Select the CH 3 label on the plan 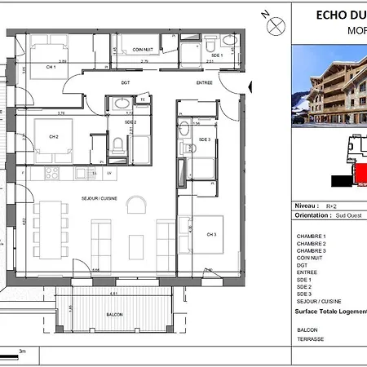(x=211, y=235)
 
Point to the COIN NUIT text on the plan (x=143, y=49)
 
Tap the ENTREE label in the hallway (x=204, y=82)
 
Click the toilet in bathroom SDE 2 (x=119, y=145)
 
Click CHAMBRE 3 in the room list (x=313, y=251)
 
